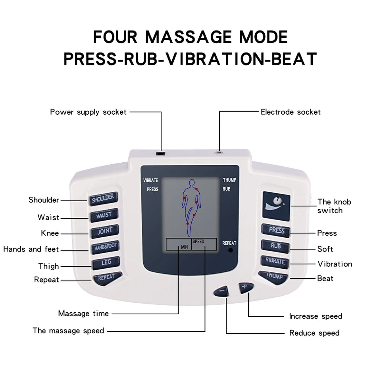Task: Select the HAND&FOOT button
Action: coord(106,247)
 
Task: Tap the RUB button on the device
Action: coord(275,246)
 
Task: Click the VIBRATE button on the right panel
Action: coord(275,262)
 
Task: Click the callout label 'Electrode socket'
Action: coord(291,112)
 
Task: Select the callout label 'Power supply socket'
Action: coord(88,112)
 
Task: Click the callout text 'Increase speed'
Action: coord(316,316)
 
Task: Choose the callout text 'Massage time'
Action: coord(83,314)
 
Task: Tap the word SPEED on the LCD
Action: coord(198,241)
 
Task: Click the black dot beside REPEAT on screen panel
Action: coord(230,250)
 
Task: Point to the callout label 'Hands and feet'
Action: coord(31,249)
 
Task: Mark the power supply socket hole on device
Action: coord(161,153)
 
